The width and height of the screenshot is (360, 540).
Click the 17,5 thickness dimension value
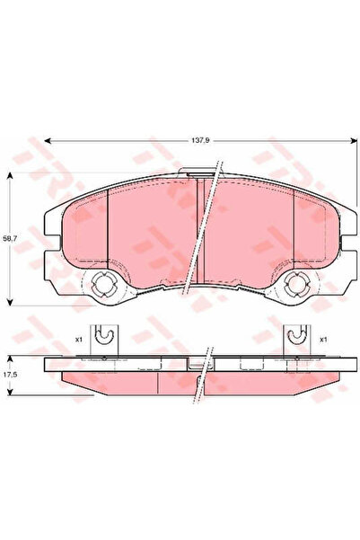(10, 371)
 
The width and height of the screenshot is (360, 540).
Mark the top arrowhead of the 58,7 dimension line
(10, 173)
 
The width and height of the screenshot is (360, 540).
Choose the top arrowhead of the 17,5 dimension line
(10, 357)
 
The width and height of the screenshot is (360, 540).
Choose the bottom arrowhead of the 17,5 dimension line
(10, 393)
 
